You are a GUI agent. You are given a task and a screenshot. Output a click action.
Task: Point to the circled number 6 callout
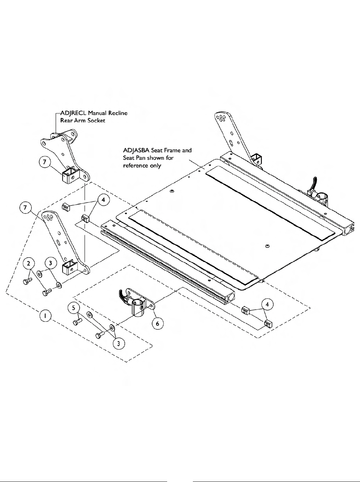pos(157,323)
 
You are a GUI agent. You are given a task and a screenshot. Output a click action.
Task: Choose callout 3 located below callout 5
pos(119,343)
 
